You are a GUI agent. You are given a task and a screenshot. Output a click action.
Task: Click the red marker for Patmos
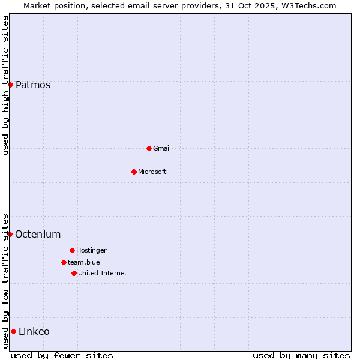pos(10,85)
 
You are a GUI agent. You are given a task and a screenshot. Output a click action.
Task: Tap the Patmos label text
pos(33,85)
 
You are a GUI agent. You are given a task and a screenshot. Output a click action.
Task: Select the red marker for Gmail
pos(149,148)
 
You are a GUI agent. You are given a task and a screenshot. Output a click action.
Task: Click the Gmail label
pos(162,148)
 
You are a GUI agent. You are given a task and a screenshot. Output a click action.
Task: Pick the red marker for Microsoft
pos(134,172)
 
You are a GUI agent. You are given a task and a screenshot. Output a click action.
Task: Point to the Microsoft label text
pos(152,172)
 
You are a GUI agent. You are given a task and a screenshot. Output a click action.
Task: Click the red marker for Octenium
pos(10,234)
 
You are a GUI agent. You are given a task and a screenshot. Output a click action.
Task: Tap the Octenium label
pos(38,234)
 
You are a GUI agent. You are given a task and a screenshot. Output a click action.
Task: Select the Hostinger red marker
pos(72,250)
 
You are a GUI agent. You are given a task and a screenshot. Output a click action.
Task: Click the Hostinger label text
pos(91,250)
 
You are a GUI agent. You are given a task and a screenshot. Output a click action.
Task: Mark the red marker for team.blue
pos(64,262)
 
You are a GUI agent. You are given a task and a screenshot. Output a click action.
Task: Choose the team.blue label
pos(84,262)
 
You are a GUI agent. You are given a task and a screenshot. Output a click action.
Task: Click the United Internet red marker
pos(74,273)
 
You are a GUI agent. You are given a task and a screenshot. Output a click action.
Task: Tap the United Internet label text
pos(103,273)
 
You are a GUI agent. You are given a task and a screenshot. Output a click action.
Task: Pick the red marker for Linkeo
pos(13,331)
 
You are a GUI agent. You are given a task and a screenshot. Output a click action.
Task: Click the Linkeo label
pos(34,331)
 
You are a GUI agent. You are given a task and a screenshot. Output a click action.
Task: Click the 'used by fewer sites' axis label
pos(62,355)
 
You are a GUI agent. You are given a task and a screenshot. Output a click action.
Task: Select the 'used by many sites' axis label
pos(301,355)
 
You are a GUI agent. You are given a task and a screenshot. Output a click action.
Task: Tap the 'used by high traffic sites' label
pos(5,86)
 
